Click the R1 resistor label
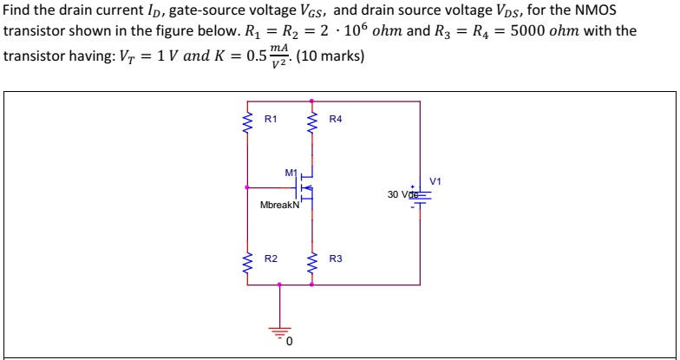(270, 119)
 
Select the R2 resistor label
(271, 259)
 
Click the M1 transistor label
(291, 172)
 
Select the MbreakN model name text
(279, 206)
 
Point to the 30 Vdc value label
(404, 194)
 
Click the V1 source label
(435, 180)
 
